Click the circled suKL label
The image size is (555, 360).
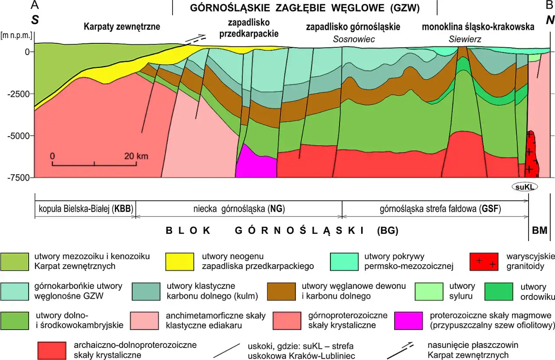[x=525, y=187]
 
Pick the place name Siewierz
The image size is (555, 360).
[x=465, y=39]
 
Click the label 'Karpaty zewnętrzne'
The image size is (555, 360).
[x=122, y=27]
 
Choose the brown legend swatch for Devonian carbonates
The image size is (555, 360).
[x=281, y=291]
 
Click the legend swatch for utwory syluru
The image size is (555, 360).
[x=429, y=291]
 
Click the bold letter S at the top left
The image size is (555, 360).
[x=34, y=20]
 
